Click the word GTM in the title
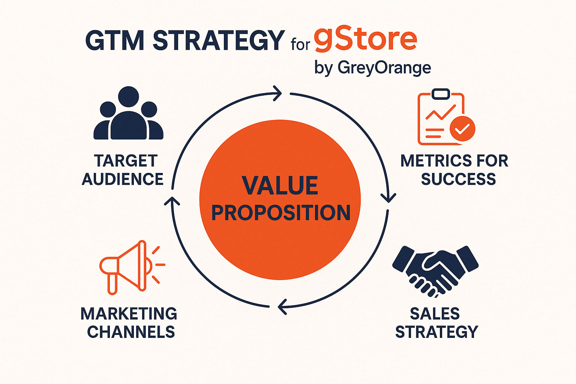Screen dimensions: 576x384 115,41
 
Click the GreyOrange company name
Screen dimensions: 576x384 384,68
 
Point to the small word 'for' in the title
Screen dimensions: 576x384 300,44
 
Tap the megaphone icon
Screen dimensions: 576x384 132,267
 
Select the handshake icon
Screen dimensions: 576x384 435,271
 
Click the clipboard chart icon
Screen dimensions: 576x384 446,117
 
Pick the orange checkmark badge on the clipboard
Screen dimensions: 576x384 462,128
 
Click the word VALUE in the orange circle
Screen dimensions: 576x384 280,186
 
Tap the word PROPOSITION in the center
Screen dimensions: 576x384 281,213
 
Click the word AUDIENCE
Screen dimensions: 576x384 123,179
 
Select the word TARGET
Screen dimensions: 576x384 126,161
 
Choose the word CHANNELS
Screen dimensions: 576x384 131,332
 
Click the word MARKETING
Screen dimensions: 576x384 129,313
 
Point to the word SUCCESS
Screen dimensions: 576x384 459,179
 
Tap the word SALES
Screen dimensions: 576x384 435,313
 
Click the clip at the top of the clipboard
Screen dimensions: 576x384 441,94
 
